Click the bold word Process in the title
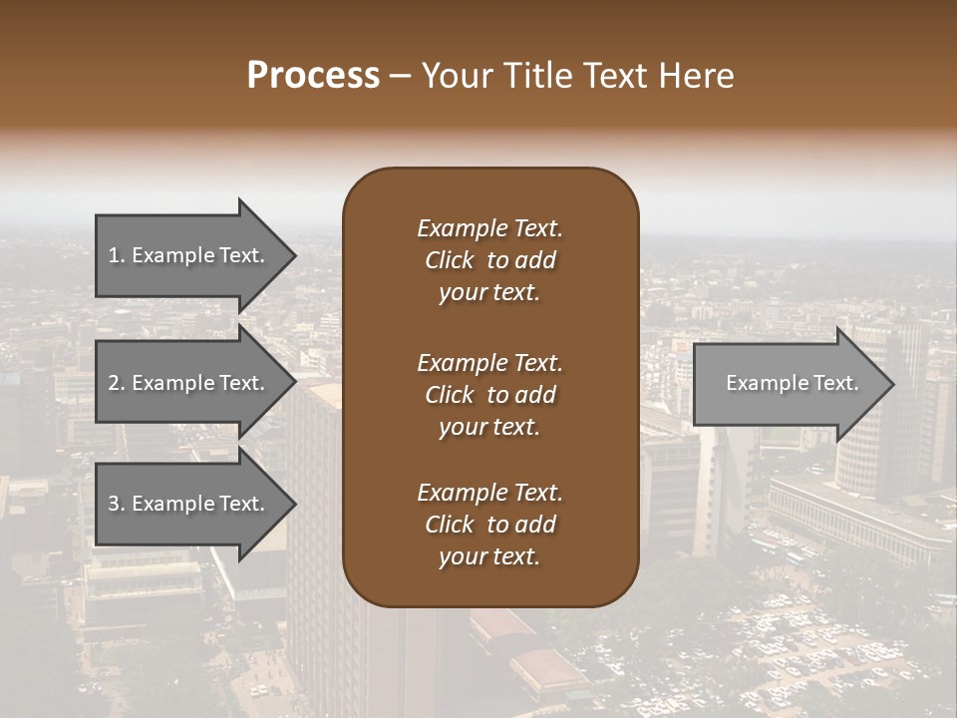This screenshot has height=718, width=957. pos(313,76)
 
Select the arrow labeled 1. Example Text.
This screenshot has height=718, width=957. pos(186,255)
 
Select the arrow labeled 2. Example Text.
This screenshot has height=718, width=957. pos(186,383)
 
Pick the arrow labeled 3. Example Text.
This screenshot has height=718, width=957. pos(186,504)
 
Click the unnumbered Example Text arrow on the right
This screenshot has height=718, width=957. pos(792,383)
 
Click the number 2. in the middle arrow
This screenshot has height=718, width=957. pos(117,383)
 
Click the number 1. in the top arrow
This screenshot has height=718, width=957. pos(117,255)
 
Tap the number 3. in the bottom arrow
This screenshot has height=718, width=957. pos(117,504)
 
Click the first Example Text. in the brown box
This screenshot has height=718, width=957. pos(489,228)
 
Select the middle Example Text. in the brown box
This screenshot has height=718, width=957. pos(489,363)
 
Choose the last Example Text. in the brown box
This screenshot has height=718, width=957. pos(489,493)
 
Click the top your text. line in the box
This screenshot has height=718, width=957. pos(488,293)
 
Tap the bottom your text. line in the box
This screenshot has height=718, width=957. pos(488,557)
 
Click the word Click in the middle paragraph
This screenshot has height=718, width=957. pos(449,395)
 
